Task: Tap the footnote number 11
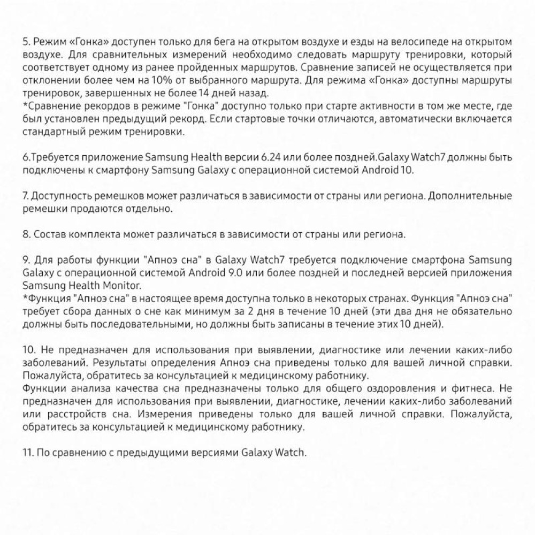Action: pos(27,452)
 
